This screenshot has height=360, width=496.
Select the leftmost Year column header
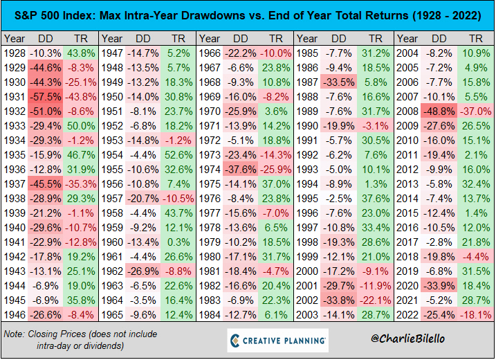(15, 39)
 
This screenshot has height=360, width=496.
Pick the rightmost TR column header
(475, 39)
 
